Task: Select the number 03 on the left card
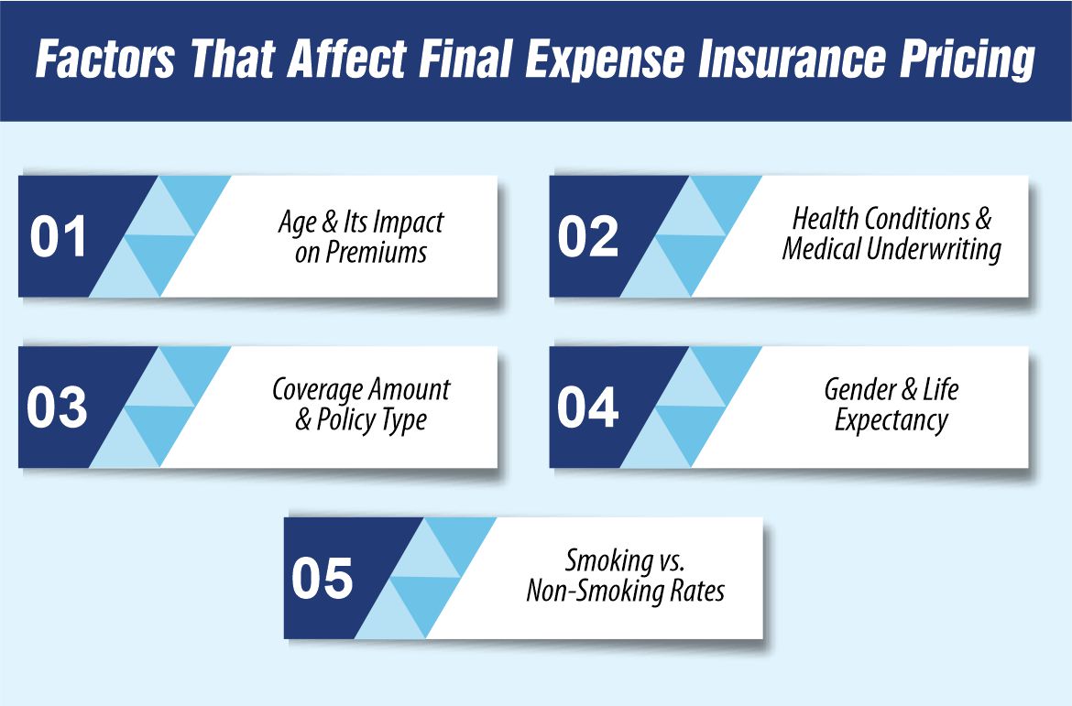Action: [57, 407]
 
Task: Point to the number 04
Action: [588, 407]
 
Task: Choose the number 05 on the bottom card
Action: [323, 579]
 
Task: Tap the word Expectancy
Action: [891, 421]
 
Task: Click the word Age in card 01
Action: [295, 222]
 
